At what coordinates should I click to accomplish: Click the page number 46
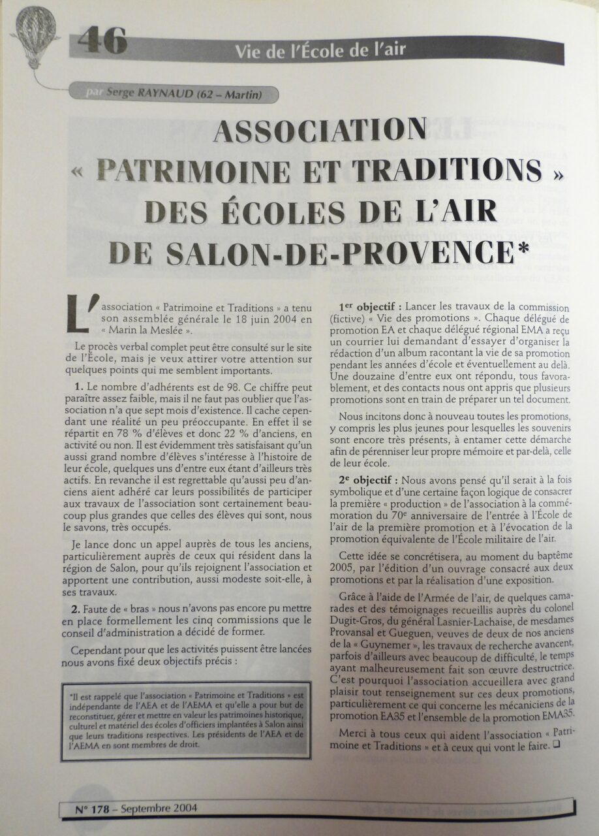(x=102, y=41)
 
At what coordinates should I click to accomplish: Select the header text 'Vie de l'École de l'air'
(x=320, y=50)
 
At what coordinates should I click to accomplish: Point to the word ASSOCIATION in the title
(x=320, y=131)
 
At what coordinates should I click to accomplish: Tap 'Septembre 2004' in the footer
(x=159, y=808)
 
